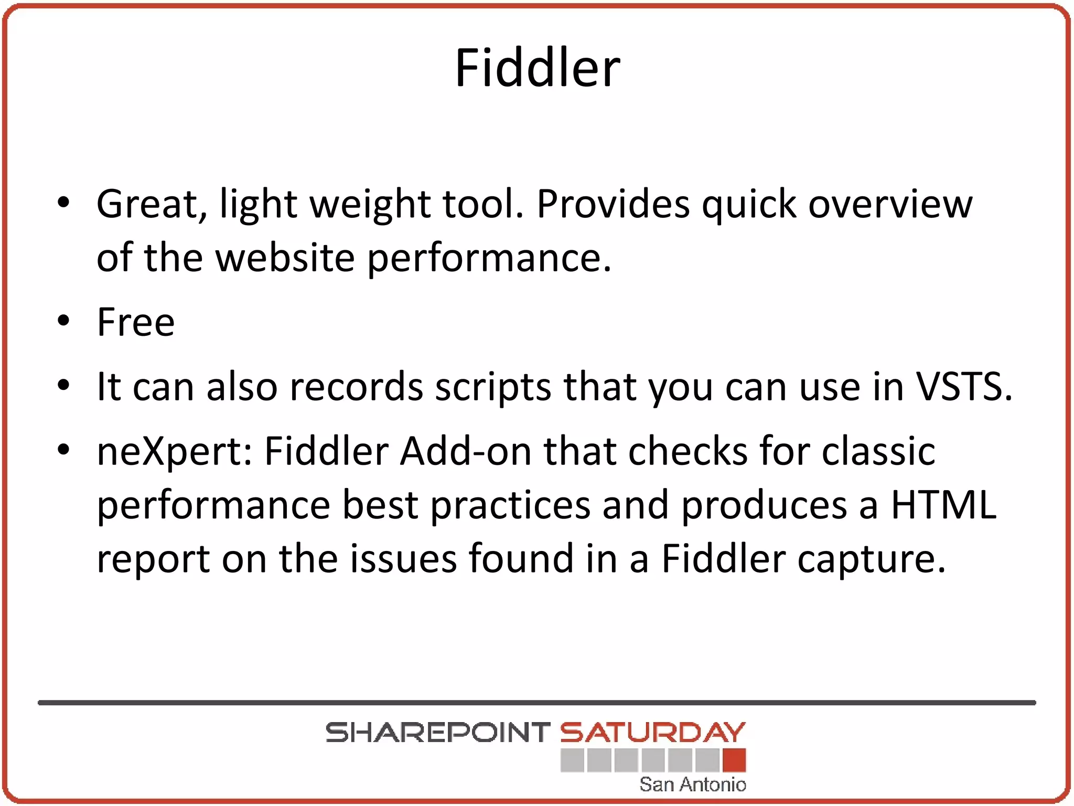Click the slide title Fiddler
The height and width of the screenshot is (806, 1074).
(x=538, y=68)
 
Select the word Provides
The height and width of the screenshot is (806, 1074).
(x=613, y=204)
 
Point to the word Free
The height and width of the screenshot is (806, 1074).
(x=136, y=322)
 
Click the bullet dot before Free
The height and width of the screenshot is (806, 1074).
(x=63, y=321)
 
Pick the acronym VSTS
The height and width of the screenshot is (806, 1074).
(x=963, y=387)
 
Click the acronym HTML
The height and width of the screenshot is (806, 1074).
(x=944, y=505)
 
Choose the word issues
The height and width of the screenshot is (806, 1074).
(x=403, y=558)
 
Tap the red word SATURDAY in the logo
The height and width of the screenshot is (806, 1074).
(x=652, y=733)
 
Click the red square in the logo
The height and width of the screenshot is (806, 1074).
(x=734, y=760)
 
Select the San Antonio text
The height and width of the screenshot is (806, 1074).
(x=692, y=784)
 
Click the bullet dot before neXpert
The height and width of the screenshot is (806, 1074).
(x=63, y=450)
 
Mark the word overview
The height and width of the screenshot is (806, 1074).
(x=890, y=204)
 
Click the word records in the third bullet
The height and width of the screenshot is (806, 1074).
(x=356, y=387)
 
